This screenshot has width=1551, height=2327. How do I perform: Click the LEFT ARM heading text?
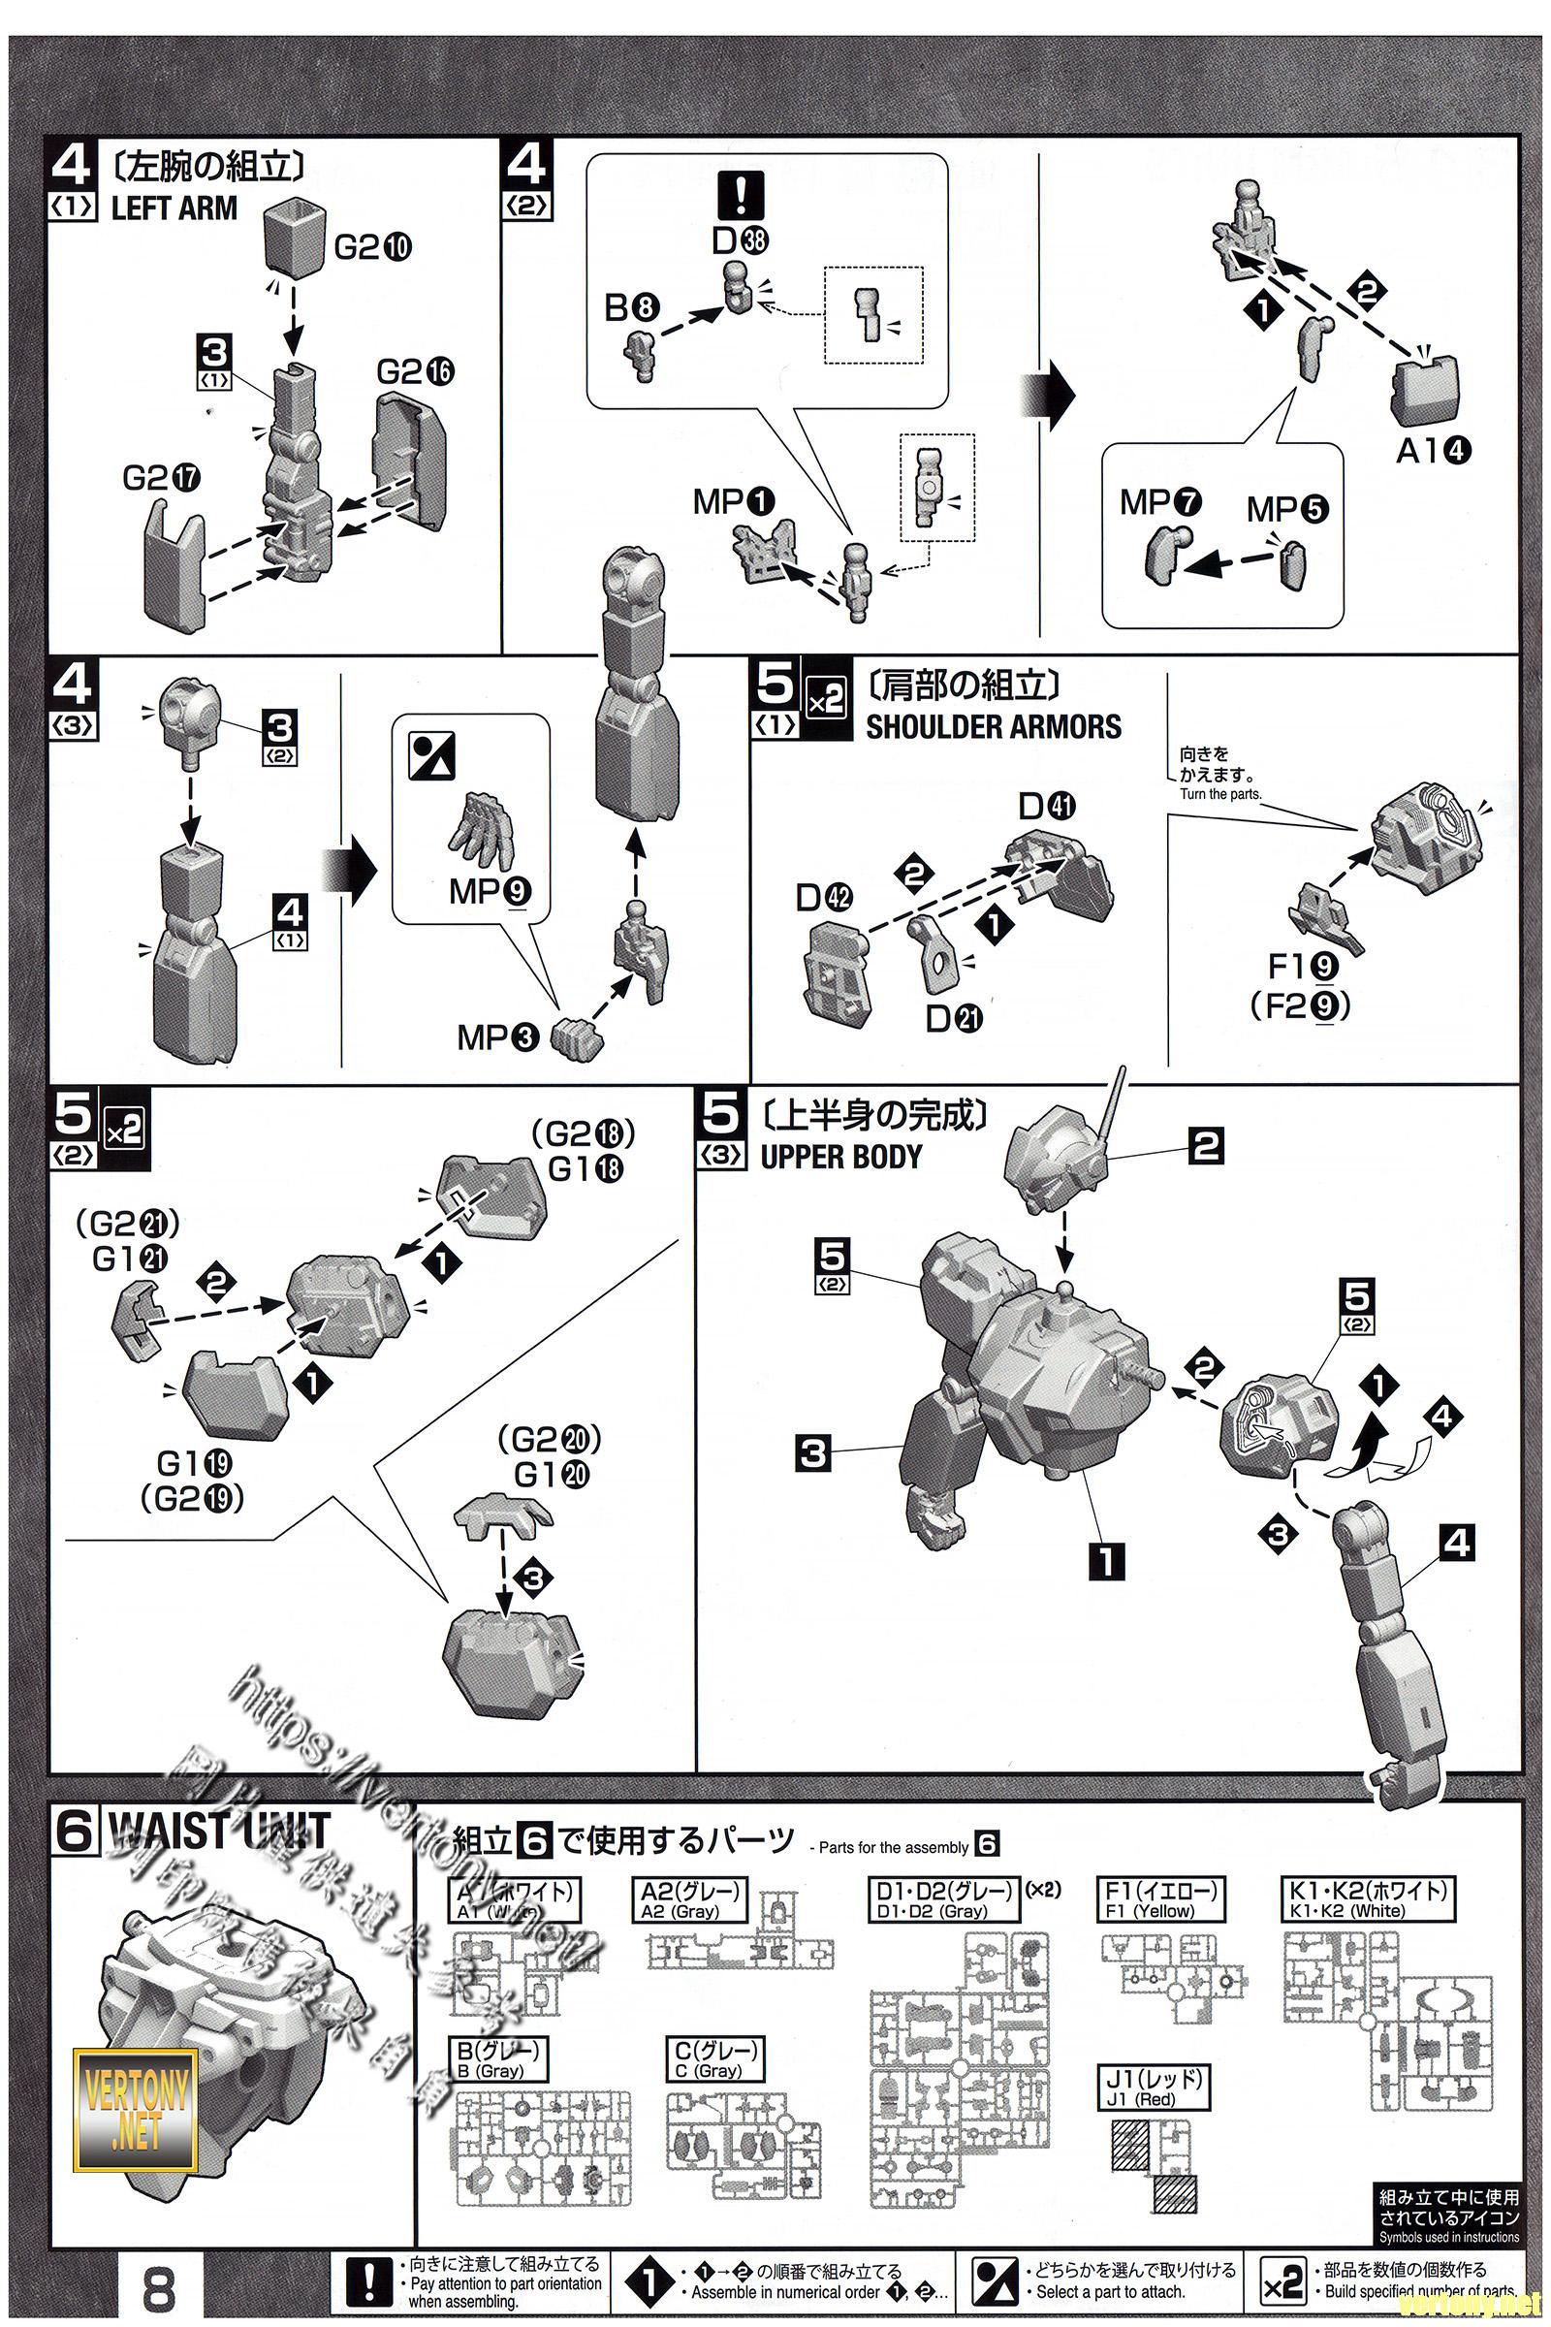[x=174, y=207]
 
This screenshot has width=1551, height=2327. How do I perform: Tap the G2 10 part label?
[x=372, y=246]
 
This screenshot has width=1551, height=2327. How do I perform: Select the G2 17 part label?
[x=161, y=478]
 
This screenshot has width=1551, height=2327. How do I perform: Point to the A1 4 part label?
[x=1433, y=451]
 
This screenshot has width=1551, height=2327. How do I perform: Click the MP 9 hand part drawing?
[x=486, y=829]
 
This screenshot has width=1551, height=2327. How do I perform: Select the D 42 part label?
[x=824, y=898]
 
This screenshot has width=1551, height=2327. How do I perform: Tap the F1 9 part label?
[x=1302, y=967]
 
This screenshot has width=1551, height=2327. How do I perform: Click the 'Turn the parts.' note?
[x=1219, y=794]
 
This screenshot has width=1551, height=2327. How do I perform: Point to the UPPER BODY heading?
[x=840, y=1156]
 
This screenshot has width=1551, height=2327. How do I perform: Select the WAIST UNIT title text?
[x=217, y=1832]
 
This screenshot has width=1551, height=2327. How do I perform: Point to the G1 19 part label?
[x=194, y=1462]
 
